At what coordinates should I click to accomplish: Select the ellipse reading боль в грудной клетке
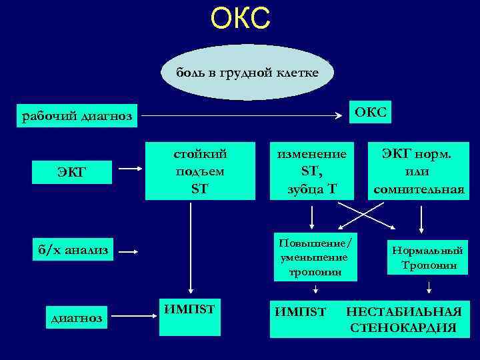[x=247, y=72]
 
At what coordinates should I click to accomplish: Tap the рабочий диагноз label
[x=77, y=117]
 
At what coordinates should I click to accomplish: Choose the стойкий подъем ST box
[x=200, y=171]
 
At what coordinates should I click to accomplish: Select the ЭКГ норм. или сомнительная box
[x=419, y=171]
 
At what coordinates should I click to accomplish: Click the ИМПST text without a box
[x=299, y=311]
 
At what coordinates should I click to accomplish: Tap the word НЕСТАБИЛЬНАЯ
[x=403, y=312]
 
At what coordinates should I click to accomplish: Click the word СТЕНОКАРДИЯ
[x=403, y=327]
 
